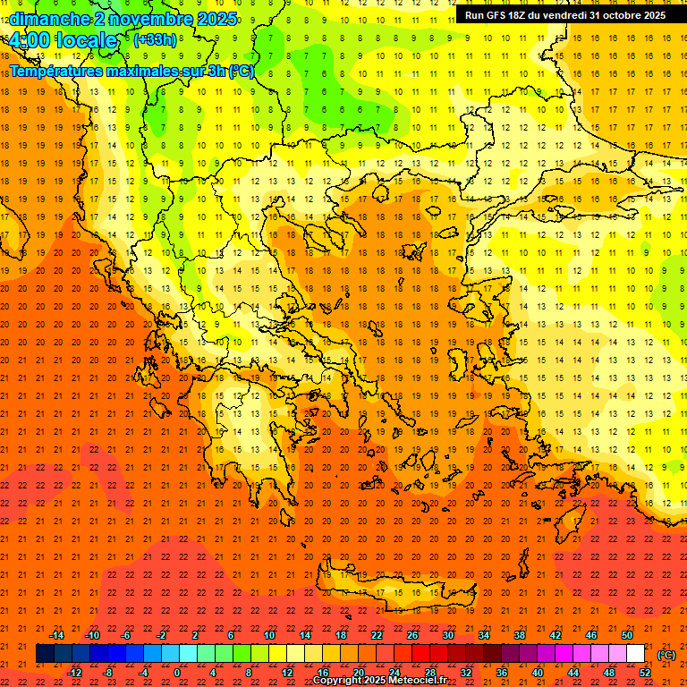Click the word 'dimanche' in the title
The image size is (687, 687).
48,19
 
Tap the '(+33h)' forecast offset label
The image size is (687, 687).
155,39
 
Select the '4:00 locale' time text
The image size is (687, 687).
63,40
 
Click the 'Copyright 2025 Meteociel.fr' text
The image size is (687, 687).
379,681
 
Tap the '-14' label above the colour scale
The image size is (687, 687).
56,635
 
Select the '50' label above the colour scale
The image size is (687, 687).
627,635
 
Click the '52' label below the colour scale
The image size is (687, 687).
645,673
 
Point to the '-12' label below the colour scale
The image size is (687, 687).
74,673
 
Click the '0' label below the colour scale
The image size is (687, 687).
177,673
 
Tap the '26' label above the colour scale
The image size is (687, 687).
412,635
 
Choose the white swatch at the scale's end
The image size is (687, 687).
636,654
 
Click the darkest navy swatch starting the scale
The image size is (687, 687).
45,654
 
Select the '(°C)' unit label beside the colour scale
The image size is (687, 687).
666,655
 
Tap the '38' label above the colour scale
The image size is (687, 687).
520,635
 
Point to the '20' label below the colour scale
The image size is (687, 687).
359,673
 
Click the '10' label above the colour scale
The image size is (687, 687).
269,635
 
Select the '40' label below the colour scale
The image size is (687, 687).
538,673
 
